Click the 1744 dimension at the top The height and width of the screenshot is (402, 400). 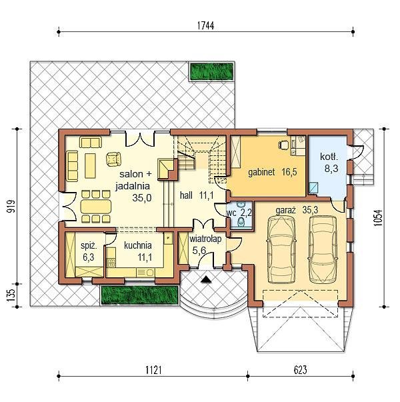(x=205, y=25)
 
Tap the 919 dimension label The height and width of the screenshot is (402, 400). (x=11, y=206)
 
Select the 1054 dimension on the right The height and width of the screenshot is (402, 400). (x=378, y=217)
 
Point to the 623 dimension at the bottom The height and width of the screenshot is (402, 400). (x=300, y=370)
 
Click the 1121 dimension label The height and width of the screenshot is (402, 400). (x=153, y=370)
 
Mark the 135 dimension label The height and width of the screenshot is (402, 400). (x=11, y=295)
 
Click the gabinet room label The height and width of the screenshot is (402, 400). (x=261, y=172)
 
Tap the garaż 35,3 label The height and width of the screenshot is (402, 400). (x=297, y=210)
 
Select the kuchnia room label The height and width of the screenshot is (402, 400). (x=138, y=245)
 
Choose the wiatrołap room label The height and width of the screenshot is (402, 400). (x=205, y=239)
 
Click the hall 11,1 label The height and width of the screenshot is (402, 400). (x=197, y=195)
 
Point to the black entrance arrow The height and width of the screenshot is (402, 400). (x=206, y=279)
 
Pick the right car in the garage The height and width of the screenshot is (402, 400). (x=323, y=249)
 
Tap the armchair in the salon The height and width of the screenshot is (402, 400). (x=113, y=159)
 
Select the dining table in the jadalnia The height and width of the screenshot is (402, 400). (x=95, y=207)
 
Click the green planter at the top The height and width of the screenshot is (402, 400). (x=212, y=71)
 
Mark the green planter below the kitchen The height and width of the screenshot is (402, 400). (x=139, y=295)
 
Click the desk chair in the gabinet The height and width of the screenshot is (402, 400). (x=283, y=145)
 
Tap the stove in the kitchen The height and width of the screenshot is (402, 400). (x=111, y=263)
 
